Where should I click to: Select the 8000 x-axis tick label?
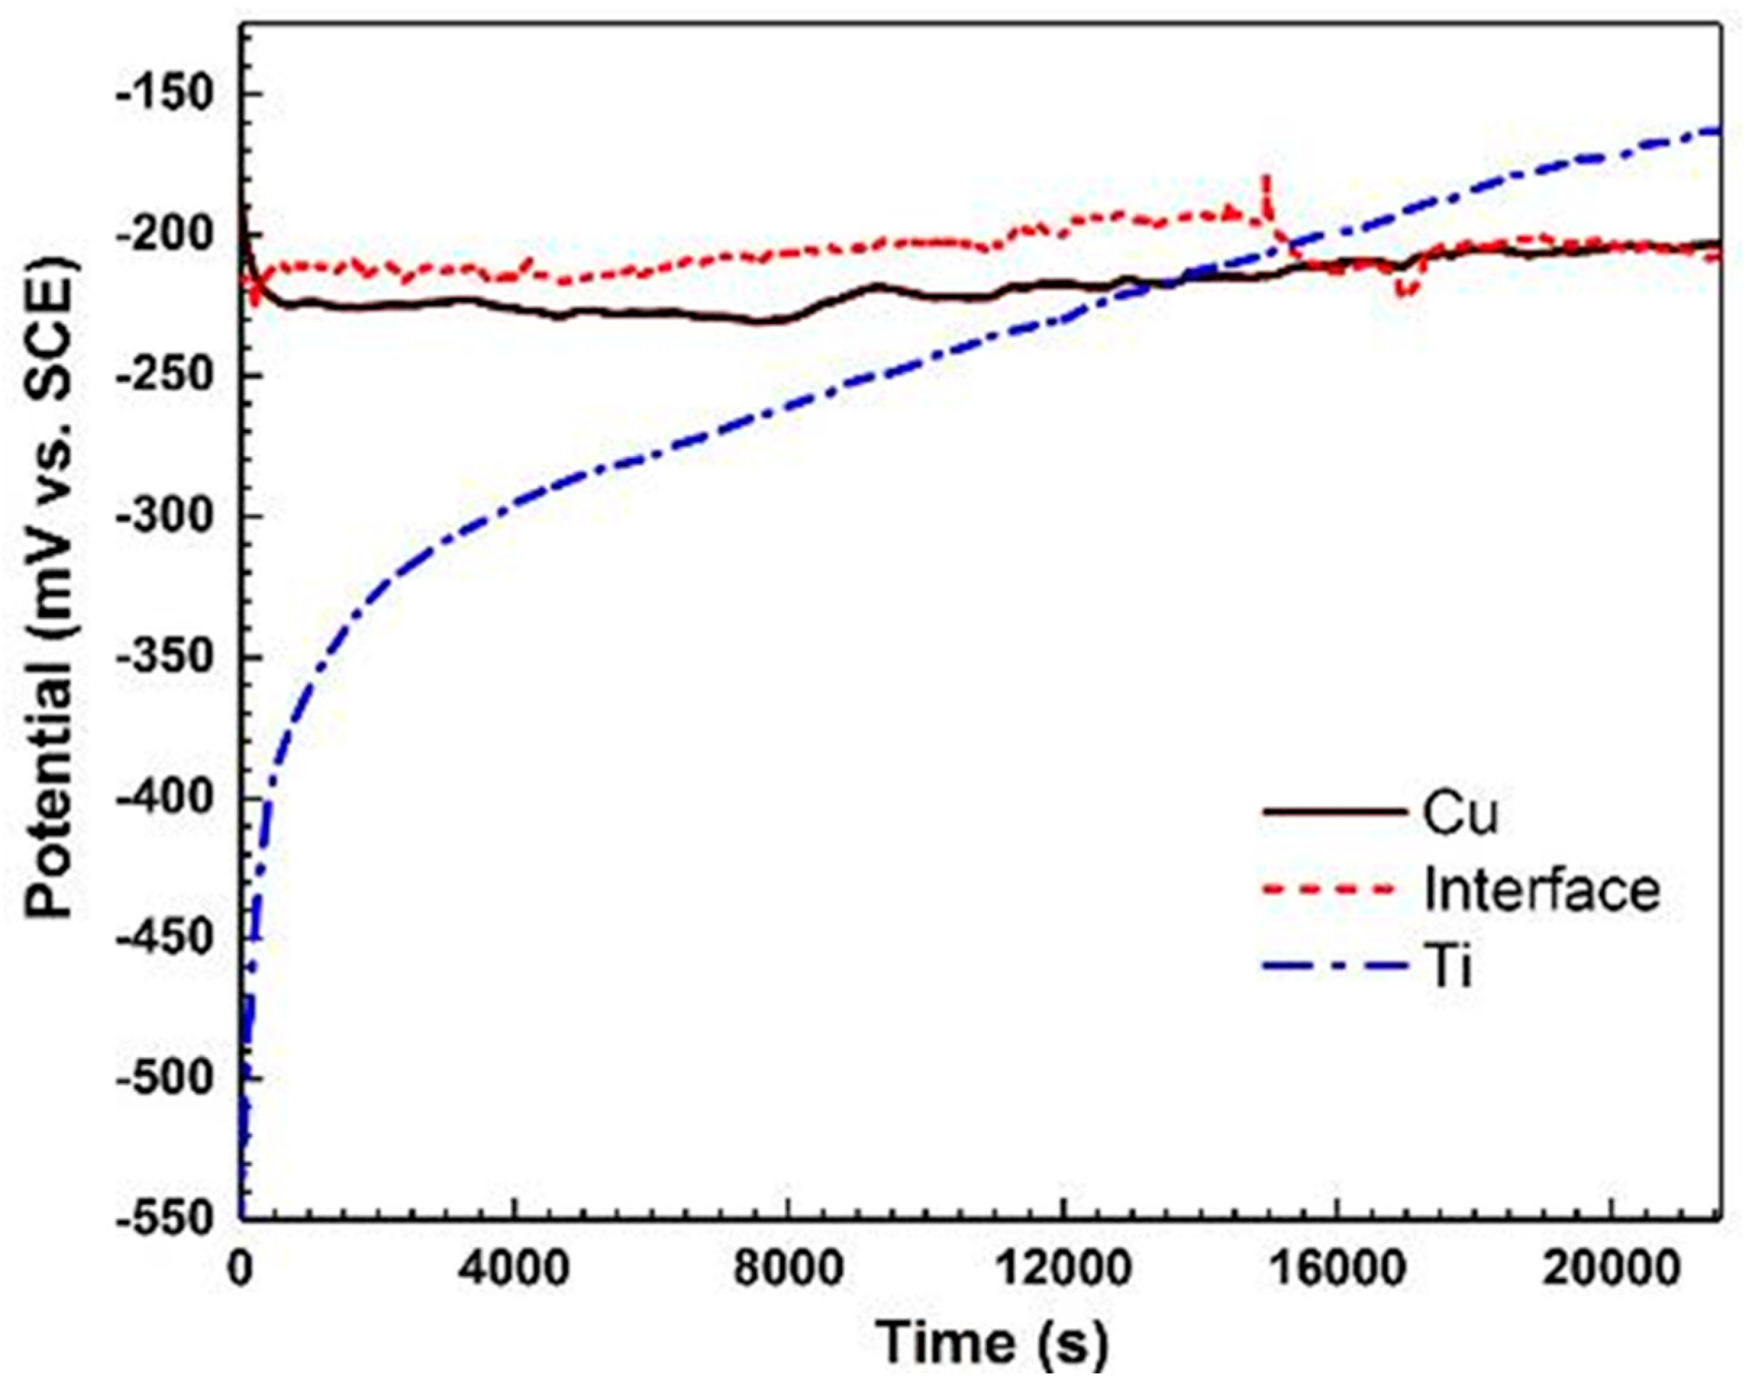788,1268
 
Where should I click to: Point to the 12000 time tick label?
1062,1268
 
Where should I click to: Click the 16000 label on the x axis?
1335,1268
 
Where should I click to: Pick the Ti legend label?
1447,966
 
